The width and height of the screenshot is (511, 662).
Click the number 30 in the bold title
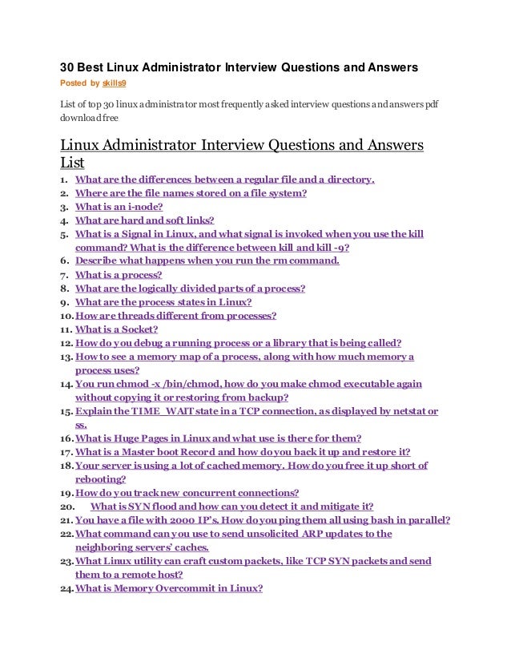tap(70, 69)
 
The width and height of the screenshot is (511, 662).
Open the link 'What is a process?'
tap(119, 274)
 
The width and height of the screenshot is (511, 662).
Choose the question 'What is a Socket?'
tap(117, 329)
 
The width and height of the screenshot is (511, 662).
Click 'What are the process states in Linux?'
tap(163, 302)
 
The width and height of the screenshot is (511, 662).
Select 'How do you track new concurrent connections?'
tap(187, 492)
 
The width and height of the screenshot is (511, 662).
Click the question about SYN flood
tap(232, 507)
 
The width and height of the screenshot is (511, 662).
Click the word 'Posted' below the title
tap(74, 83)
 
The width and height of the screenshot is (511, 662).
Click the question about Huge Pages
tap(218, 438)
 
